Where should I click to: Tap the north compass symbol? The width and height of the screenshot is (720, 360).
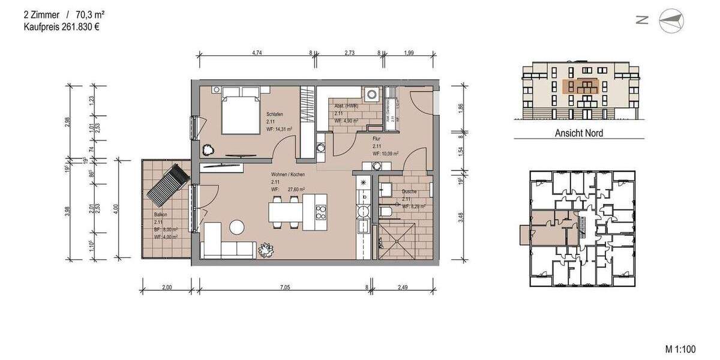click(671, 21)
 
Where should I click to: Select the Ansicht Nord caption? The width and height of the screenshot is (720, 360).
click(578, 133)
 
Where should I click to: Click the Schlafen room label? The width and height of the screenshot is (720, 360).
click(275, 113)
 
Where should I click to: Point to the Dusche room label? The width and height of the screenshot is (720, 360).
click(409, 192)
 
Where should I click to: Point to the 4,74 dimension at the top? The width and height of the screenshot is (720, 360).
click(257, 53)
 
